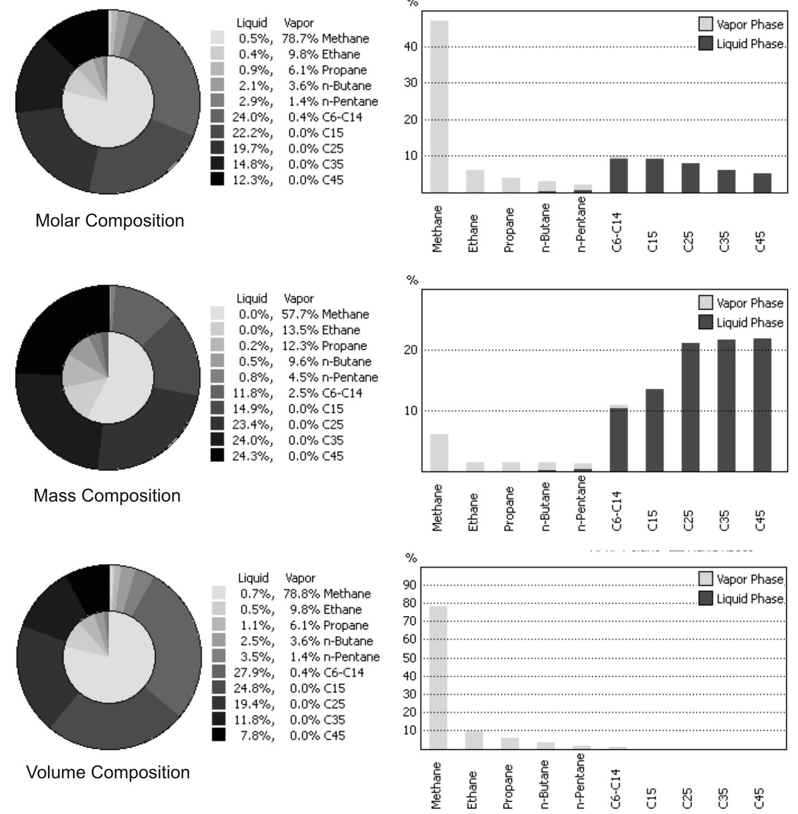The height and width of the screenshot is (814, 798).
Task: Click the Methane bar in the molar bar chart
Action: click(439, 106)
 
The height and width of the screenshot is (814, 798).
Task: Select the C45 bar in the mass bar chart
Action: click(762, 404)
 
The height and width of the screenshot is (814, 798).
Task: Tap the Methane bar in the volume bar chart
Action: click(438, 677)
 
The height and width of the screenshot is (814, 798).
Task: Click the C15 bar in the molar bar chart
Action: click(654, 176)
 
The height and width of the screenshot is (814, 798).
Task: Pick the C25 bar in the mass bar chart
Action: click(690, 407)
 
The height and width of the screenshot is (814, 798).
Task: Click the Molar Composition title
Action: click(110, 220)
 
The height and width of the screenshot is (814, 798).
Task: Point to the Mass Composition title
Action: click(107, 495)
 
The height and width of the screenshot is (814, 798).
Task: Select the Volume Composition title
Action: click(108, 772)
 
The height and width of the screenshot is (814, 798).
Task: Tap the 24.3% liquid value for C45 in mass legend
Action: click(253, 456)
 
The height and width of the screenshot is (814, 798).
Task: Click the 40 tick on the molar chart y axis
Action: click(410, 46)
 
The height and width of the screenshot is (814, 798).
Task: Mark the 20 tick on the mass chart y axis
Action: click(410, 350)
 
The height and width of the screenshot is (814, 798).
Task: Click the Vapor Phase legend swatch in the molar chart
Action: click(705, 24)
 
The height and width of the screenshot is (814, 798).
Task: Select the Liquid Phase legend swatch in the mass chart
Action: click(705, 322)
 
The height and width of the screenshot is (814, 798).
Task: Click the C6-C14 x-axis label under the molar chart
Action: click(617, 232)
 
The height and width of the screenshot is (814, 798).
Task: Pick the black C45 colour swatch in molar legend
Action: click(217, 180)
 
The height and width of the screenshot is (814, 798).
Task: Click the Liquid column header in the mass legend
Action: click(252, 298)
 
